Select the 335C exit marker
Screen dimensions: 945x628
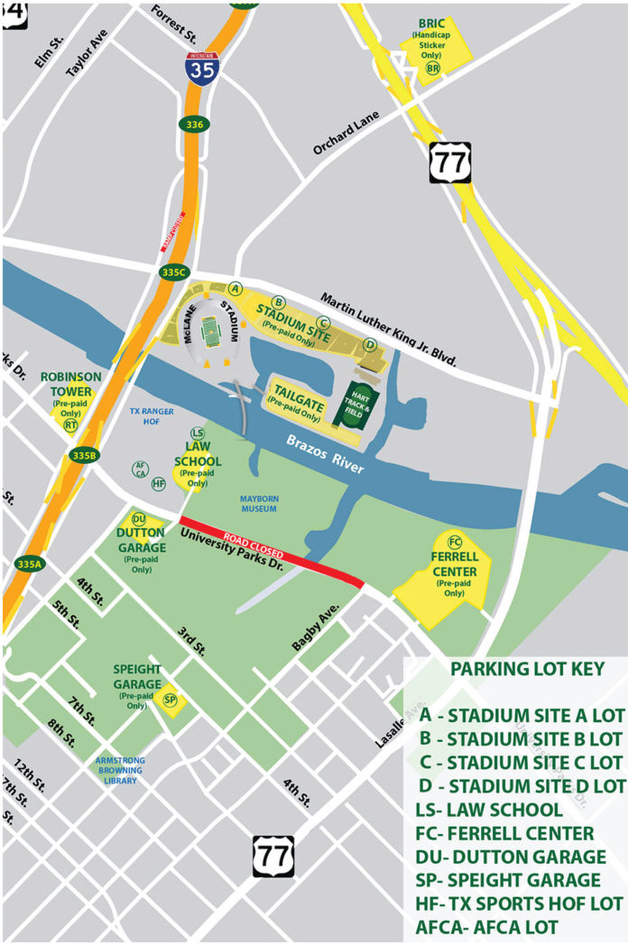point(174,272)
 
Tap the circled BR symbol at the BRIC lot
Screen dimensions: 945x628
point(433,69)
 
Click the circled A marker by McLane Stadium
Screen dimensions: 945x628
point(235,288)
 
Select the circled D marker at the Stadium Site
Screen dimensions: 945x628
point(369,344)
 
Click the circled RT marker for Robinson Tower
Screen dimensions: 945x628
point(70,424)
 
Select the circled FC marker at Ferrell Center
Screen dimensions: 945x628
point(455,542)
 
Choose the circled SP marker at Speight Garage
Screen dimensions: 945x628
point(169,699)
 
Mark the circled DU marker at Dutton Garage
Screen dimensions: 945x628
point(139,519)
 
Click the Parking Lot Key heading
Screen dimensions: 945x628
point(514,670)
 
